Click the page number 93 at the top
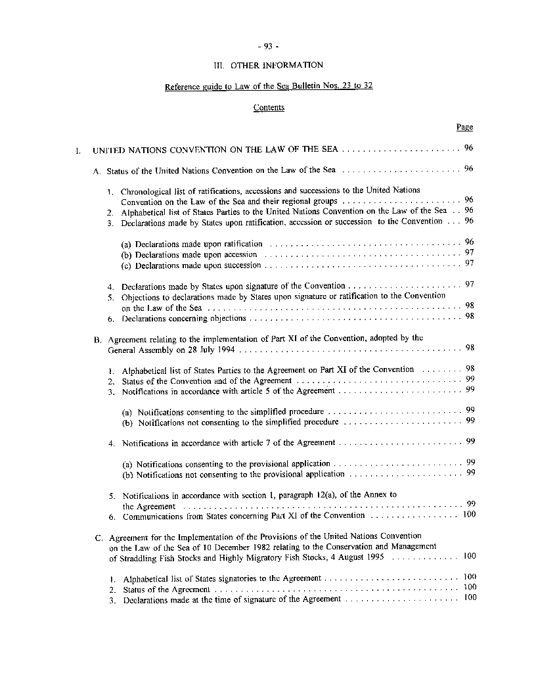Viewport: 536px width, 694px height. pos(268,46)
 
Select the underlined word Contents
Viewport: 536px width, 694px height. pos(269,107)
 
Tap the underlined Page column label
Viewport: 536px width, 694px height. pos(464,127)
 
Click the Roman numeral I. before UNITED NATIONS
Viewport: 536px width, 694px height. pos(79,150)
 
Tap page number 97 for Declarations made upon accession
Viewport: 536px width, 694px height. pos(469,253)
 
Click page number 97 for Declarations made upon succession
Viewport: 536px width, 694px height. pos(469,264)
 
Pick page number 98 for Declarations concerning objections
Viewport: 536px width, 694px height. pos(469,316)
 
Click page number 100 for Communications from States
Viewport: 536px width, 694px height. pos(469,515)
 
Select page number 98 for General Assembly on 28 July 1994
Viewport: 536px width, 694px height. pos(469,348)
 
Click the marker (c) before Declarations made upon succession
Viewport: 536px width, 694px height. pos(126,266)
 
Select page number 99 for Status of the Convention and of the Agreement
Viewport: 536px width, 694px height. pos(470,379)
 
